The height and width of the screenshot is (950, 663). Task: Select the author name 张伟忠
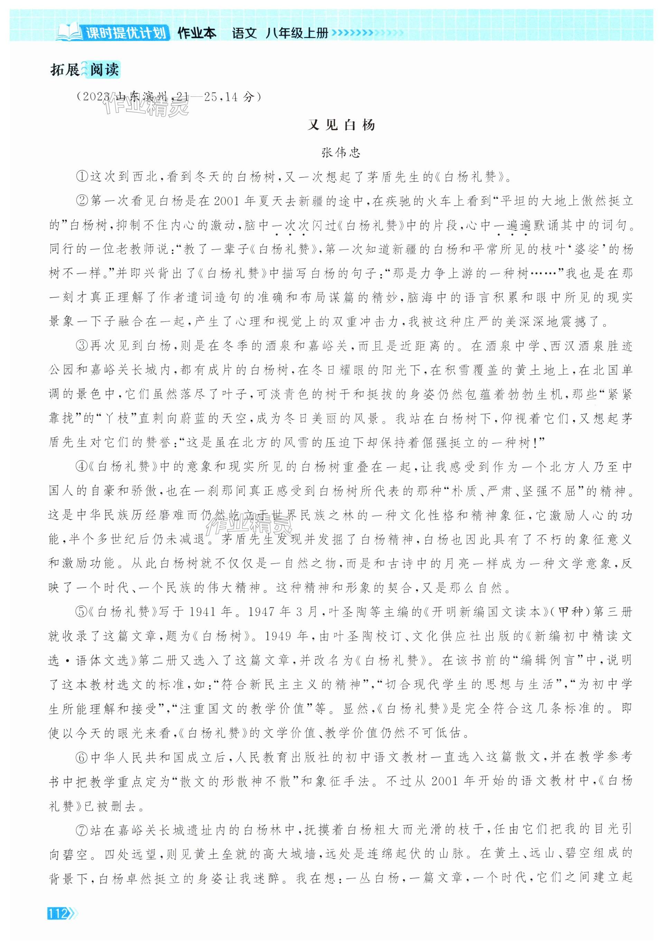(x=341, y=153)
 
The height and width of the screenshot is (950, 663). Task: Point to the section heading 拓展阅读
(x=84, y=69)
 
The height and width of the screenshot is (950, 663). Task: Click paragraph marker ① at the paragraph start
(x=82, y=177)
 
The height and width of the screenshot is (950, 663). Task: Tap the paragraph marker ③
(x=82, y=346)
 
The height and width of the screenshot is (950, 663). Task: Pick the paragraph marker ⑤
(x=82, y=612)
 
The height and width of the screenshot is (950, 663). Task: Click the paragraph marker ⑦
(x=82, y=829)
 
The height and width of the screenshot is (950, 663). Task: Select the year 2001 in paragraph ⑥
(x=446, y=781)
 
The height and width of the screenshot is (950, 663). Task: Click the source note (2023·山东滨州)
(x=169, y=97)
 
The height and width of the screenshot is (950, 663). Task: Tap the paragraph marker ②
(x=82, y=202)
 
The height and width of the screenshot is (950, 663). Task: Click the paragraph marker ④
(x=82, y=467)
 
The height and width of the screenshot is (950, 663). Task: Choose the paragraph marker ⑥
(x=82, y=757)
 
